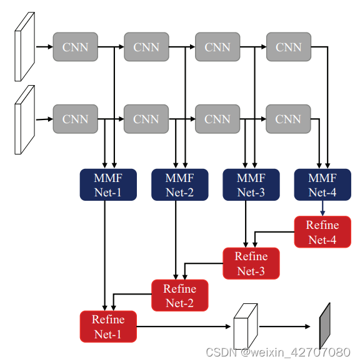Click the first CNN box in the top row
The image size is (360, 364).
coord(75,47)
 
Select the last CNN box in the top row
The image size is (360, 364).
coord(288,47)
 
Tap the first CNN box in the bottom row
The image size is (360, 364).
coord(75,119)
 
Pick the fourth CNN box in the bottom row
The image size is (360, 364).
coord(288,119)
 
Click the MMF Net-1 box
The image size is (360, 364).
coord(108,185)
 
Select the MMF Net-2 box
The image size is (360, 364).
coord(179,185)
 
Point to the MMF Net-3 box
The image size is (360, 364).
coord(251,185)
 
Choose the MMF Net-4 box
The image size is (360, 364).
coord(322,185)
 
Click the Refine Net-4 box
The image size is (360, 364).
coord(322,232)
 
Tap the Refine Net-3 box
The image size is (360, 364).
coord(251,263)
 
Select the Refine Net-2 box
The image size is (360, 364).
coord(179,295)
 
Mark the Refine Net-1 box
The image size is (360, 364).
coord(108,326)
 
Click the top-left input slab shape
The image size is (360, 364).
coord(24,47)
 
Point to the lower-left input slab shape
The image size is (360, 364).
coord(24,119)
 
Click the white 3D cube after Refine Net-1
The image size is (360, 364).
coord(245,327)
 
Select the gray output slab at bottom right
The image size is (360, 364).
coord(324,326)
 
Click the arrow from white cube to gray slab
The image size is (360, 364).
coord(285,326)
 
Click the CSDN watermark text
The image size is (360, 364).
coord(277,352)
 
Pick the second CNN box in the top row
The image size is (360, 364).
coord(146,47)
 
